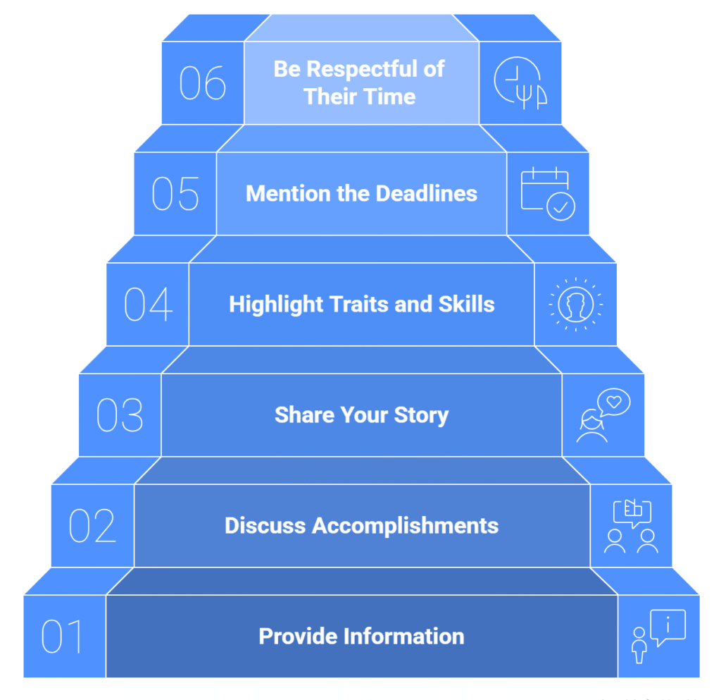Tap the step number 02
click(92, 525)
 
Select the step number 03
click(120, 415)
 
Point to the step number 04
click(148, 305)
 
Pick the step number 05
click(175, 194)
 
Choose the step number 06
click(203, 83)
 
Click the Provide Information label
click(361, 637)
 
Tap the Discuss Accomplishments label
click(361, 526)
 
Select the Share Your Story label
click(361, 415)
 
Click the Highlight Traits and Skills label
click(361, 305)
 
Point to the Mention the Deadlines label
click(361, 194)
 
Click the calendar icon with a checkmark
click(548, 194)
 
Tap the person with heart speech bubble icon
click(603, 416)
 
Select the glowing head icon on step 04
click(575, 305)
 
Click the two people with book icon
click(631, 526)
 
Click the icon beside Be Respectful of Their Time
click(520, 83)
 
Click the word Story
click(420, 415)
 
